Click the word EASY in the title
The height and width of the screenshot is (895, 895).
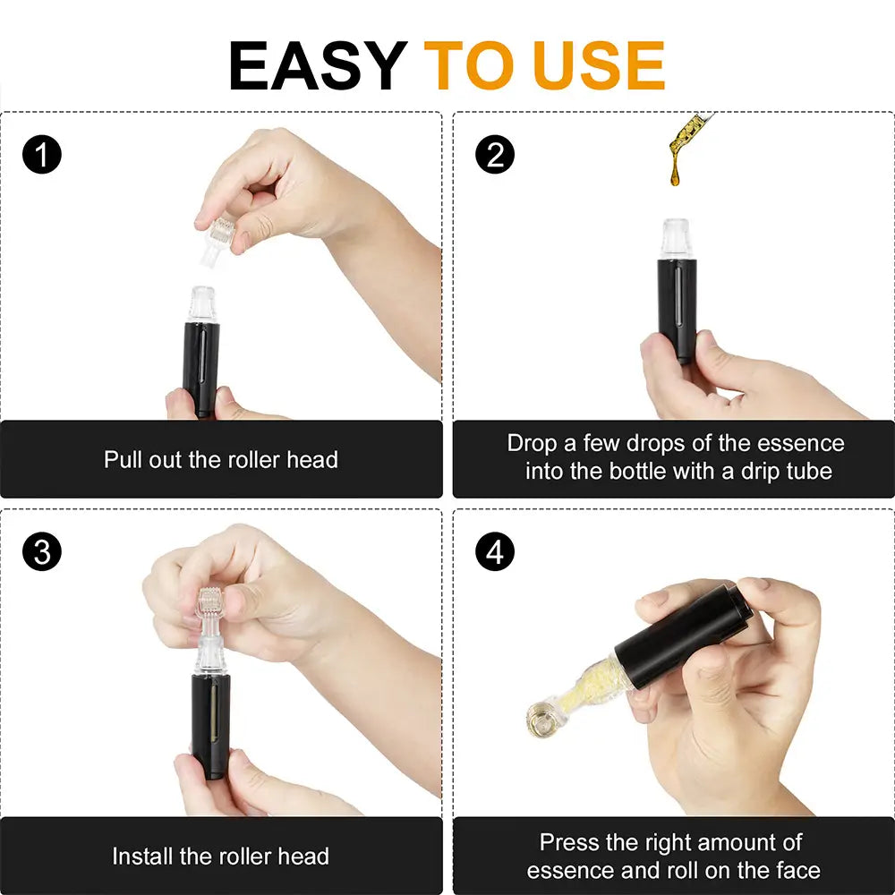[318, 65]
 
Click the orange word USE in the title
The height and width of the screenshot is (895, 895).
[597, 65]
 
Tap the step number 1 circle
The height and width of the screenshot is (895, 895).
[42, 156]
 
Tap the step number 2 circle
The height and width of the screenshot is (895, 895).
[495, 156]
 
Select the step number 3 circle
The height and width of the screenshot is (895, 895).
[42, 552]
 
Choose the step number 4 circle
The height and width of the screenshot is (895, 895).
[495, 552]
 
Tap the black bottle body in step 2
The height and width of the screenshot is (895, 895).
[678, 304]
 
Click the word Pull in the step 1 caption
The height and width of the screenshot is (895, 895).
[124, 460]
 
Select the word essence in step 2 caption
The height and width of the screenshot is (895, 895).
[800, 443]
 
